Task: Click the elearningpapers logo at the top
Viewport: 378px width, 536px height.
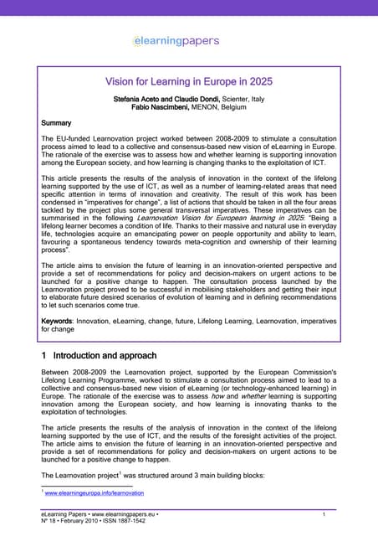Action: [x=176, y=40]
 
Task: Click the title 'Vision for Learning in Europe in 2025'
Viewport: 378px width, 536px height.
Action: [x=189, y=83]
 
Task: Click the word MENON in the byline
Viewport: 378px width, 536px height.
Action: [x=216, y=108]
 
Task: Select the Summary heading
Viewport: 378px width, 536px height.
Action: [x=57, y=123]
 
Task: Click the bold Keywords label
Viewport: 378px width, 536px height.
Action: [x=60, y=320]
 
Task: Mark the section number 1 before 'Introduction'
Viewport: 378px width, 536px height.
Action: [x=44, y=355]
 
